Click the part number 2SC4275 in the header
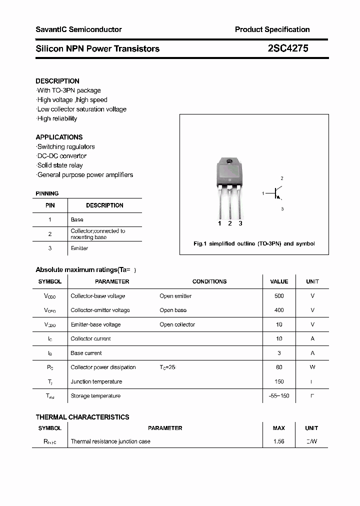coord(288,48)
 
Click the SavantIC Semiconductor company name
coord(78,29)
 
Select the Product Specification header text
coord(272,29)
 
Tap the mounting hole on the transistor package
coord(229,161)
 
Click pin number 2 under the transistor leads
coord(230,223)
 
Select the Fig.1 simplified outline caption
coord(254,243)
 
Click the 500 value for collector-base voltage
coord(279,296)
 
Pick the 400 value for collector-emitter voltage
coord(279,310)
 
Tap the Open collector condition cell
coord(177,324)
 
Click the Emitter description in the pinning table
coord(79,248)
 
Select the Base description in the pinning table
coord(77,219)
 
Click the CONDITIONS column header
coord(209,281)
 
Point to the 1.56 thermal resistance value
coord(279,441)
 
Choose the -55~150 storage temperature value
coord(279,396)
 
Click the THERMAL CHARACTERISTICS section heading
coord(82,417)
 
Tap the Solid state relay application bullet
coord(59,165)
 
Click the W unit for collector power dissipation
coord(312,367)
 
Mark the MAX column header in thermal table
coord(279,428)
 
